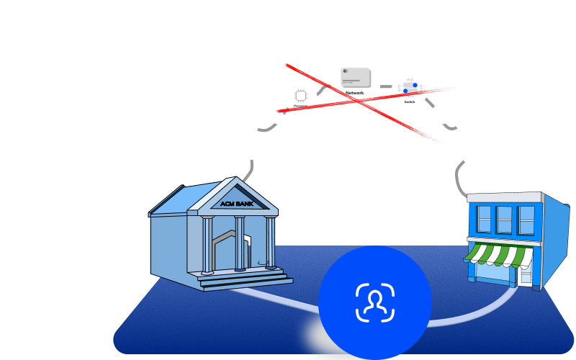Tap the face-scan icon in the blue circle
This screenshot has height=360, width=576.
coord(374,302)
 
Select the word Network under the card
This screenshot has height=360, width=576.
coord(355,93)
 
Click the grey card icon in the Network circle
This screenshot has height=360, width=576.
coord(356,77)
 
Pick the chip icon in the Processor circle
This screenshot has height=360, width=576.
coord(301,95)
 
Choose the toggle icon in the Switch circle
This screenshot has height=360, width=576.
coord(410,87)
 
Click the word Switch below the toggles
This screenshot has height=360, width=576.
coord(410,102)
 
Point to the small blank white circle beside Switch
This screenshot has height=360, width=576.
coord(441,114)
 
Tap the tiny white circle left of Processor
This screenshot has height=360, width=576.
coord(277,117)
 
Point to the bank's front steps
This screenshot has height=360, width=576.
coord(245,280)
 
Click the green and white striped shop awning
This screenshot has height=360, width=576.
coord(499,253)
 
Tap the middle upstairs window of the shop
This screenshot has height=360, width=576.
coord(504,220)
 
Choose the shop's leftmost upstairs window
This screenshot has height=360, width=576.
coord(484,219)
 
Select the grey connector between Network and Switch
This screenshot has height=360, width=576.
coord(387,87)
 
